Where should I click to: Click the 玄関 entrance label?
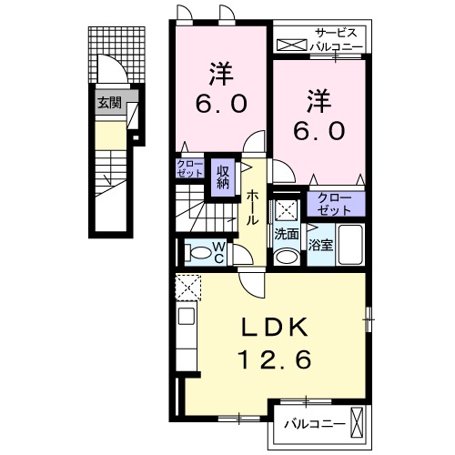click(x=109, y=103)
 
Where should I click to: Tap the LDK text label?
click(x=275, y=328)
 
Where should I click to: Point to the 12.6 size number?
click(x=276, y=359)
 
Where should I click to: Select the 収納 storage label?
click(x=223, y=177)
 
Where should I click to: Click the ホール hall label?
click(x=252, y=208)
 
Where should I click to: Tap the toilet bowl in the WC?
click(x=198, y=253)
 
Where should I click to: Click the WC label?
click(x=219, y=252)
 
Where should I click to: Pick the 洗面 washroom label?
click(x=287, y=235)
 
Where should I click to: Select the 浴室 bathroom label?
click(x=321, y=245)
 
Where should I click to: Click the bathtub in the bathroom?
click(x=350, y=245)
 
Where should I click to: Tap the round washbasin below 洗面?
click(x=287, y=257)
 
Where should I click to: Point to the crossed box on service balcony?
click(x=292, y=45)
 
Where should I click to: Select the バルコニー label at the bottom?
click(x=315, y=424)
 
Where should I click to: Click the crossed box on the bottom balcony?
click(x=357, y=422)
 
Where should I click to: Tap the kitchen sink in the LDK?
click(x=187, y=316)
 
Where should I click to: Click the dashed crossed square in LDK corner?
click(x=188, y=288)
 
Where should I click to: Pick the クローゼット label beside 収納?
click(x=190, y=168)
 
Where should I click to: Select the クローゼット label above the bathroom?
click(x=335, y=204)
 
